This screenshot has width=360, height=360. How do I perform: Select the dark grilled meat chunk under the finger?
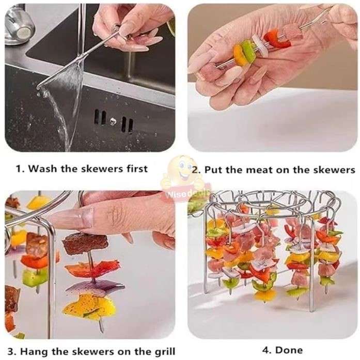point(85,243)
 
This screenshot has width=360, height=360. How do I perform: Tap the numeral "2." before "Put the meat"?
point(196,169)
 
